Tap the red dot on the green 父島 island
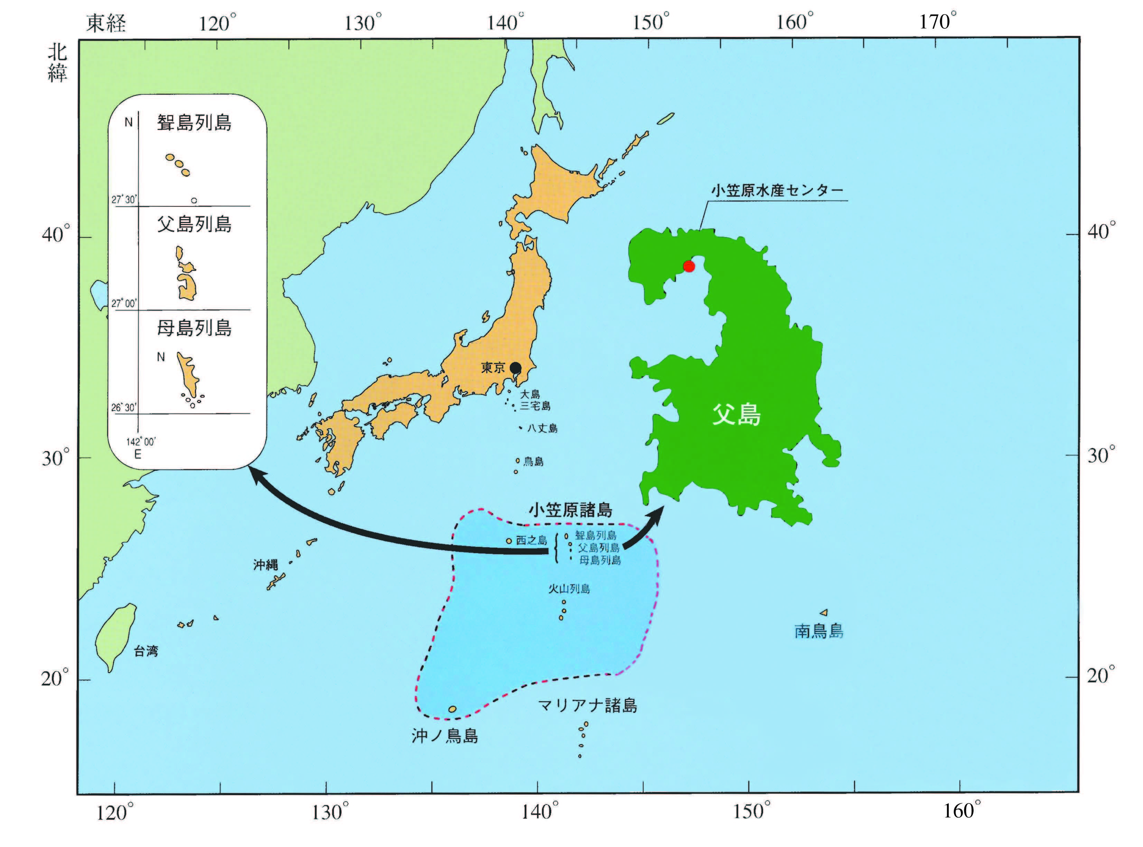point(689,266)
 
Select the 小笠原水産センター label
point(777,191)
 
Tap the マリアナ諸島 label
point(587,706)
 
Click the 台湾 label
point(146,651)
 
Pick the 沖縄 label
point(265,565)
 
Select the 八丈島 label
point(542,428)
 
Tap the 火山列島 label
point(569,589)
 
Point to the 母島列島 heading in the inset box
point(194,328)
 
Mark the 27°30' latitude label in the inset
point(124,199)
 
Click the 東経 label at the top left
point(106,23)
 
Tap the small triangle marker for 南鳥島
point(824,612)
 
